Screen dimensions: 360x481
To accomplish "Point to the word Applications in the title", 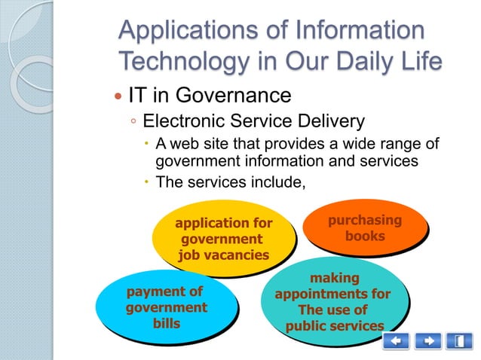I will (x=186, y=32).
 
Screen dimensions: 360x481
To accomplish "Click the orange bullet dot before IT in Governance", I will (x=117, y=97).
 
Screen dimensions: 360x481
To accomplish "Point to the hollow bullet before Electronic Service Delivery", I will (x=133, y=122).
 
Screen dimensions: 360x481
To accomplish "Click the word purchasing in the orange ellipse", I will (x=365, y=220).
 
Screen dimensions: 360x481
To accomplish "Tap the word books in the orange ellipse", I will (x=365, y=236).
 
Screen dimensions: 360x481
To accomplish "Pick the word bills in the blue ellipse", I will (x=167, y=323).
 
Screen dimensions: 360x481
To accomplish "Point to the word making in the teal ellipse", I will (x=335, y=278).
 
